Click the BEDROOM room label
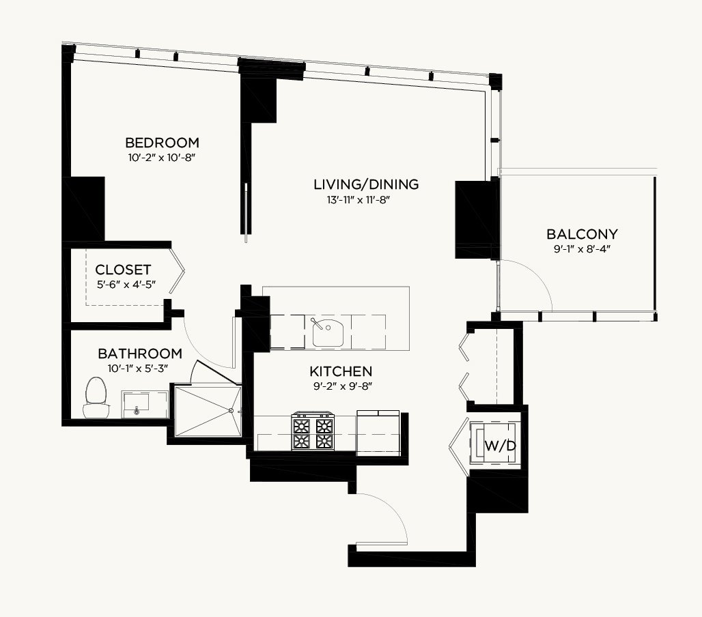point(162,143)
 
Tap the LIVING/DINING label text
point(366,184)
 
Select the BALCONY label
point(582,234)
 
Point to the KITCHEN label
point(341,371)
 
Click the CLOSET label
point(123,270)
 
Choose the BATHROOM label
point(140,354)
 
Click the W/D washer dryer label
point(501,446)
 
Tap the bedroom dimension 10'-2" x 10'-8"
point(162,158)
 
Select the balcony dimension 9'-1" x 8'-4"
point(582,248)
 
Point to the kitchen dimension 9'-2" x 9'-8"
point(343,386)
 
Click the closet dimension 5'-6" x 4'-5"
point(126,285)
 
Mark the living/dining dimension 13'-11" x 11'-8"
point(359,199)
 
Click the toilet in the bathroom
point(96,397)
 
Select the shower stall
point(208,411)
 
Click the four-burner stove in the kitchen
point(313,431)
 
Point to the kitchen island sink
point(327,331)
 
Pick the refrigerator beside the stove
point(378,433)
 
